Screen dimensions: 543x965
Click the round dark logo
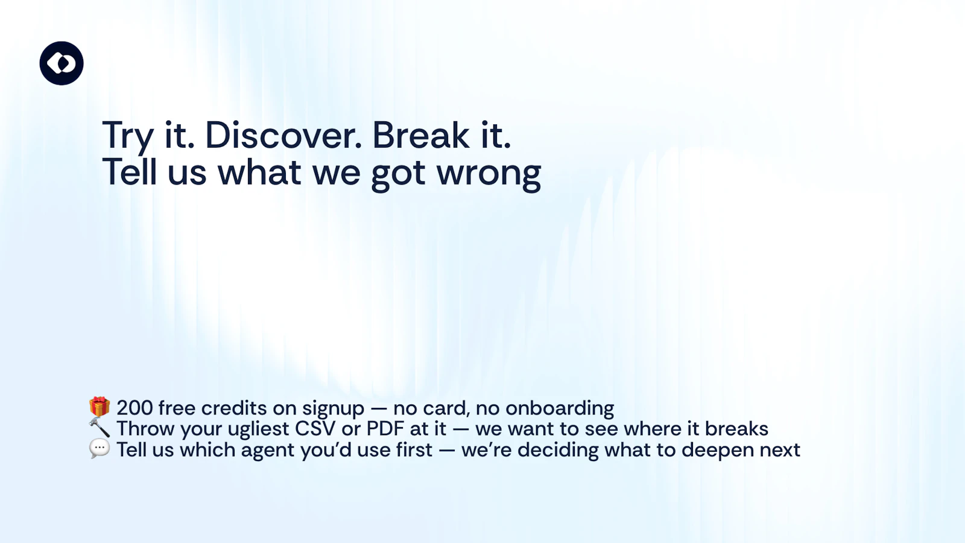tap(62, 63)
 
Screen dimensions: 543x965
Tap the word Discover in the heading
tap(283, 135)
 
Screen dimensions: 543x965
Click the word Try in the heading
tap(128, 136)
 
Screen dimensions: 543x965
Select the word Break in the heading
tap(420, 135)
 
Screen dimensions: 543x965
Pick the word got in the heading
tap(398, 174)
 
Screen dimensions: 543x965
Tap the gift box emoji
tap(100, 407)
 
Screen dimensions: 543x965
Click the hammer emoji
tap(100, 428)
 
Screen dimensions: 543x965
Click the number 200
tap(134, 408)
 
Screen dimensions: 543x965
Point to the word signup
tap(333, 409)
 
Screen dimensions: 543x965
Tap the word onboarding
tap(560, 409)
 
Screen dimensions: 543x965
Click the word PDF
tap(385, 429)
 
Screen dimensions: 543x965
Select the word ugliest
tap(259, 430)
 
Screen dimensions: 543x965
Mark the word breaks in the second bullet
tap(736, 429)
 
